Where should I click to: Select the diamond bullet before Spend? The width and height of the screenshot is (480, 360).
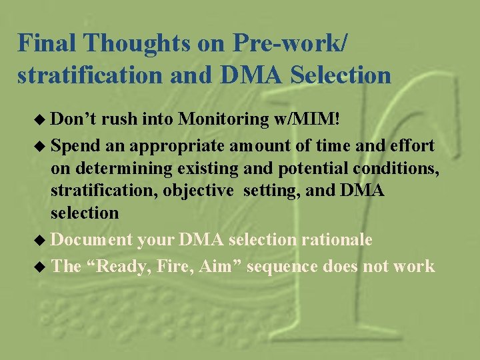[x=43, y=145]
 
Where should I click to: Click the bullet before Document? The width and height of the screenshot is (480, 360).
[x=43, y=239]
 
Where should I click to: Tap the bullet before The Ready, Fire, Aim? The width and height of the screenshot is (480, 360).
[x=43, y=267]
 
